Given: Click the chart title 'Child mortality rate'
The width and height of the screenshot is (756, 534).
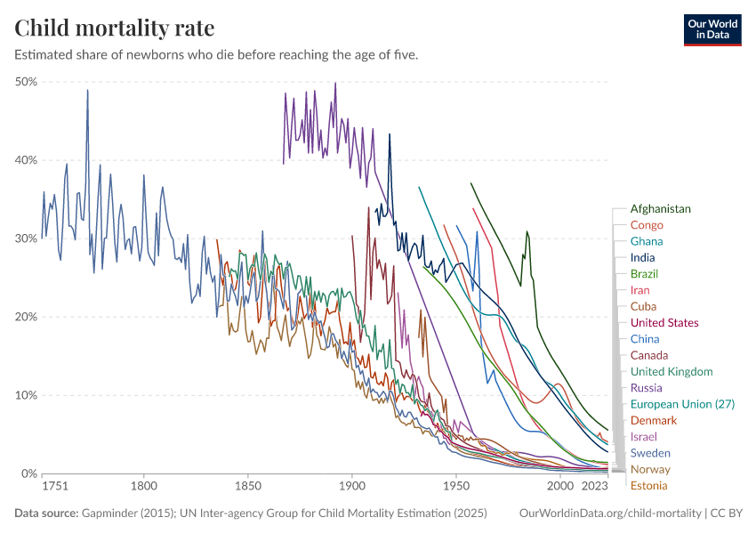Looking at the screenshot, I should click(x=115, y=28).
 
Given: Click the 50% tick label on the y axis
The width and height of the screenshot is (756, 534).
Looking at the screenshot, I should click(x=25, y=82).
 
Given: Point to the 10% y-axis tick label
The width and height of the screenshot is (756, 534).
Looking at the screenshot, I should click(x=25, y=395).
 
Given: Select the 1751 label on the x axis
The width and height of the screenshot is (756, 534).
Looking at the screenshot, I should click(x=54, y=487).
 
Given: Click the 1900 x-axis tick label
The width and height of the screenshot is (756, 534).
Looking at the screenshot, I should click(x=352, y=487).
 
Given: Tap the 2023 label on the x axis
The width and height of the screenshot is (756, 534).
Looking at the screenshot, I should click(x=594, y=487).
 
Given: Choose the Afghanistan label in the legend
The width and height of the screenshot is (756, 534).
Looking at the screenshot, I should click(x=660, y=209).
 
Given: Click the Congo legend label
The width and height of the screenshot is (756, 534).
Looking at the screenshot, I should click(x=647, y=225).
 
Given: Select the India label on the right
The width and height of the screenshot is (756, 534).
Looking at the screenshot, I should click(x=642, y=258).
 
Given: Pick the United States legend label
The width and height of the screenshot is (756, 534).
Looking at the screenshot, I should click(x=664, y=323).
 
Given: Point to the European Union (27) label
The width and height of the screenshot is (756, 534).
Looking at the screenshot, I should click(x=682, y=404).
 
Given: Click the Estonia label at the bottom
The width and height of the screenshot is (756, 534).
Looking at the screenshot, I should click(x=648, y=486).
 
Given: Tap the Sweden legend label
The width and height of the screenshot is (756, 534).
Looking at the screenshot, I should click(x=650, y=453).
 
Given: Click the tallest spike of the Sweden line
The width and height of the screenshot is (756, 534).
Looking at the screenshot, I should click(x=87, y=90).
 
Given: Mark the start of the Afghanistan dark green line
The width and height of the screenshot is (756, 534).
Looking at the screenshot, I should click(x=471, y=183).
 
